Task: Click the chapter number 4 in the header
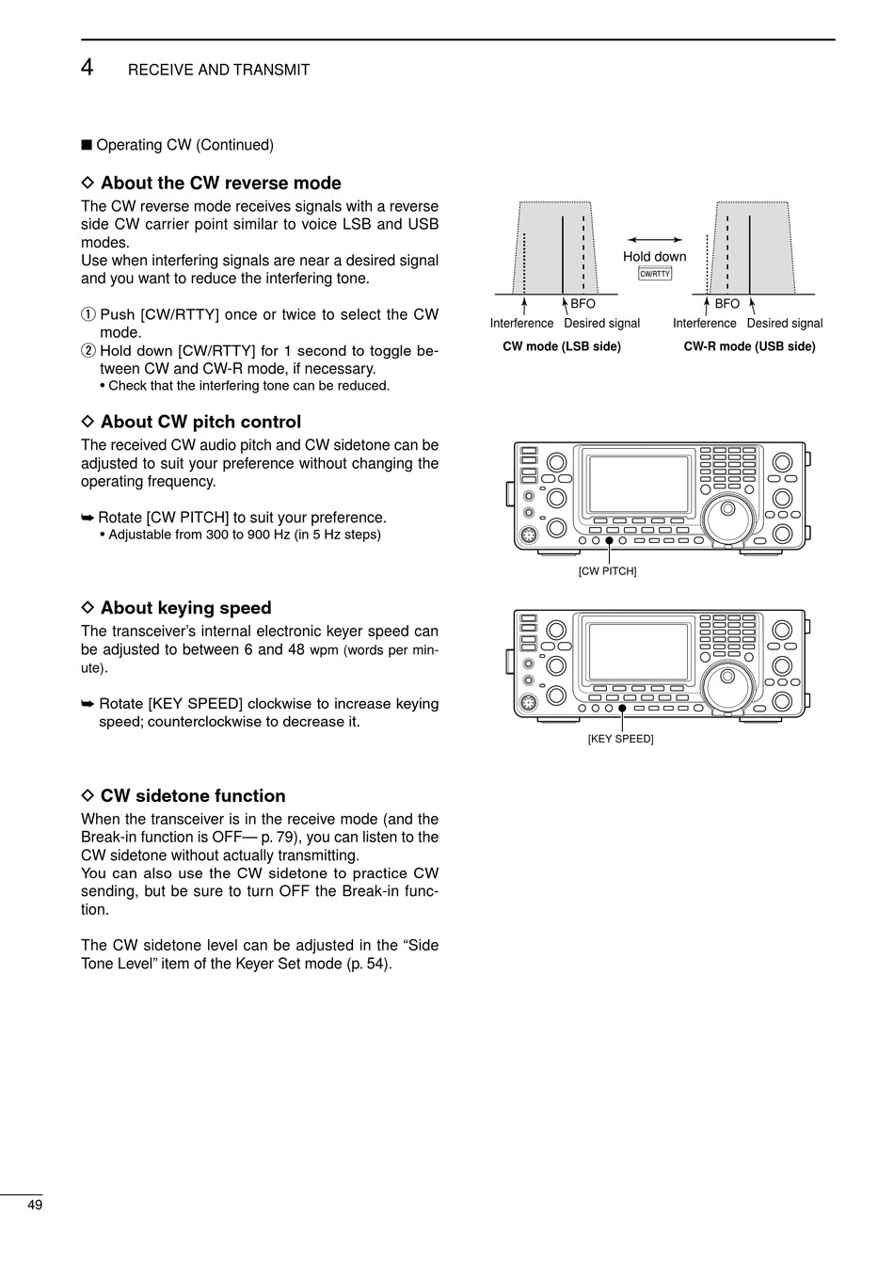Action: pyautogui.click(x=87, y=67)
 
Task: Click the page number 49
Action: pyautogui.click(x=35, y=1206)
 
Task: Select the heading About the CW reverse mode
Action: pyautogui.click(x=220, y=183)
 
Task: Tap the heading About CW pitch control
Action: pyautogui.click(x=200, y=422)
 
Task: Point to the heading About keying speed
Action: pyautogui.click(x=185, y=608)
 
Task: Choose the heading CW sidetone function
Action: pyautogui.click(x=193, y=795)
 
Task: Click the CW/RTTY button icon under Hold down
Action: pyautogui.click(x=655, y=274)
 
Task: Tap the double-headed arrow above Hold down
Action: pyautogui.click(x=654, y=241)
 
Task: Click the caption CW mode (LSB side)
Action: pyautogui.click(x=562, y=346)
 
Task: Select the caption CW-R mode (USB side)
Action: pyautogui.click(x=749, y=346)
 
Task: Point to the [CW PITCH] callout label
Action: pyautogui.click(x=607, y=571)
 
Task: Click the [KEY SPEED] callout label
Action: pyautogui.click(x=620, y=739)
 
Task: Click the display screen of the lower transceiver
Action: pyautogui.click(x=638, y=652)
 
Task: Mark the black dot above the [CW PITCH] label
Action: pyautogui.click(x=609, y=540)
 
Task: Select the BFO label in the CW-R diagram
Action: pyautogui.click(x=726, y=304)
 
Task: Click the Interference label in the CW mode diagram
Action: pyautogui.click(x=521, y=323)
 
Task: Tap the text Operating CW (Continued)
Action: pyautogui.click(x=184, y=145)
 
